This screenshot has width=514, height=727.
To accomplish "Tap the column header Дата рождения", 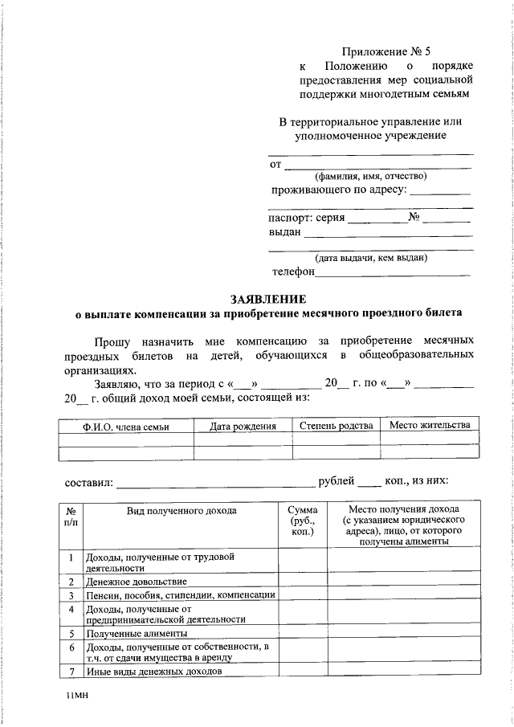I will (x=243, y=427).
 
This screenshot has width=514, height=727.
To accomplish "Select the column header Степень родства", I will (x=335, y=426).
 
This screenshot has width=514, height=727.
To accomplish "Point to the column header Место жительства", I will (x=430, y=425).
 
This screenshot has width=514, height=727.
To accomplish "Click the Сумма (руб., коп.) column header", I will (x=302, y=521).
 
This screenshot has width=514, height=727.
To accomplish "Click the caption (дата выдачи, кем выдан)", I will (x=370, y=258).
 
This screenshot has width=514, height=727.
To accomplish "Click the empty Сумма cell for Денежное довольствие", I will (x=302, y=581).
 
